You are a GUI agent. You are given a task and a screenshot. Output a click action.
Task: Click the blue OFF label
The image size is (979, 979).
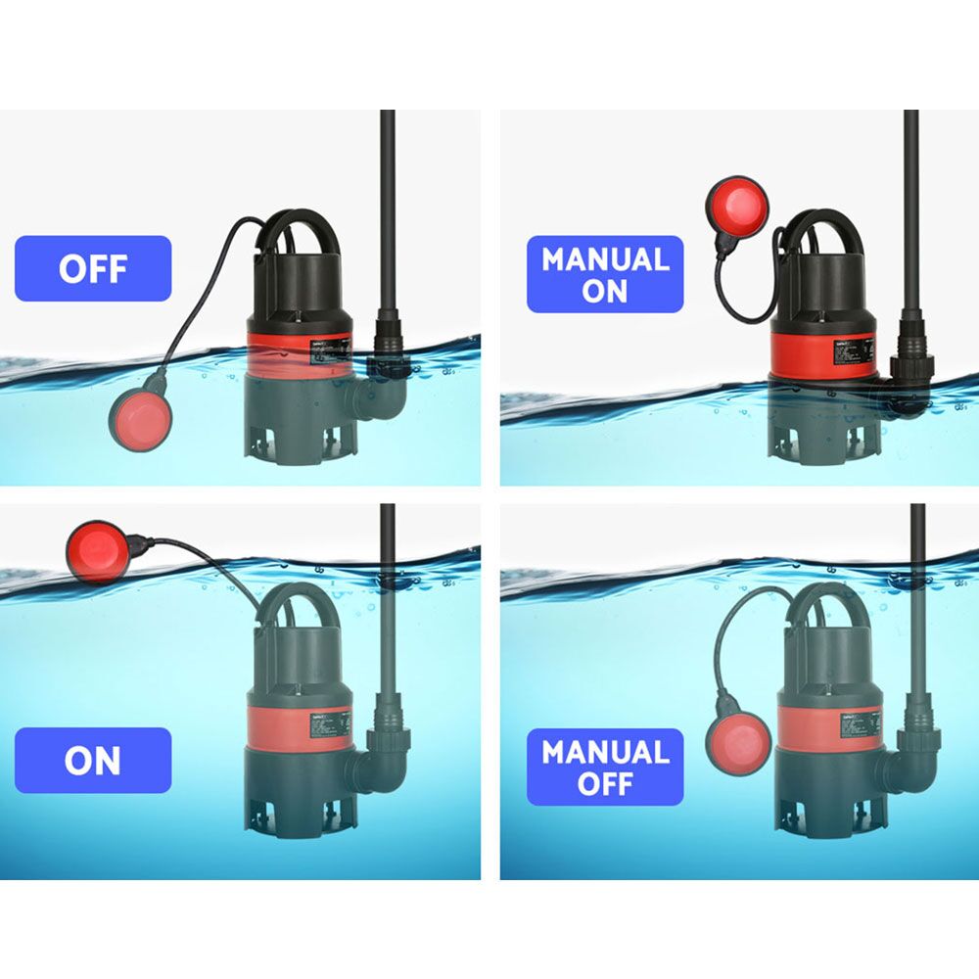pyautogui.click(x=93, y=268)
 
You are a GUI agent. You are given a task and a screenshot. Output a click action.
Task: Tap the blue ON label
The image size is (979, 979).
pyautogui.click(x=93, y=761)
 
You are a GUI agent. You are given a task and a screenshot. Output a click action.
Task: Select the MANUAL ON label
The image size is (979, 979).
pyautogui.click(x=605, y=275)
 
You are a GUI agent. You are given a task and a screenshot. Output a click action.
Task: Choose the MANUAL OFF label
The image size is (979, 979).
pyautogui.click(x=605, y=768)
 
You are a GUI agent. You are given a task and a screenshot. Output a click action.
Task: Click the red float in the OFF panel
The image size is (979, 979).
pyautogui.click(x=140, y=418)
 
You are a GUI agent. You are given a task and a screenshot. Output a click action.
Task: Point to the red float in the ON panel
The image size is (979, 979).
pyautogui.click(x=98, y=551)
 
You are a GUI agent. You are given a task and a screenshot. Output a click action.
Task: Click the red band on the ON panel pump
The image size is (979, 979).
pyautogui.click(x=299, y=728)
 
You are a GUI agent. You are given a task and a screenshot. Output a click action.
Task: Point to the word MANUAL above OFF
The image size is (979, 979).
pyautogui.click(x=605, y=752)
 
